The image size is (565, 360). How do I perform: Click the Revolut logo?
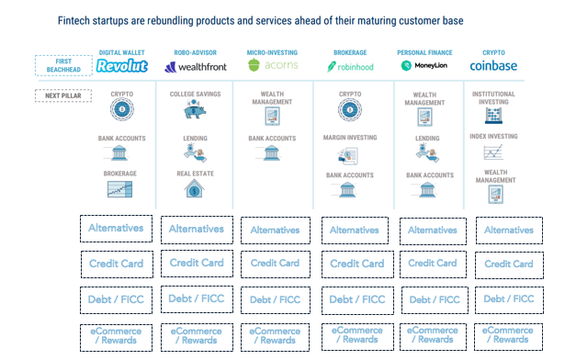pyautogui.click(x=122, y=66)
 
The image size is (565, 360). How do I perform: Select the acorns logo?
pyautogui.click(x=274, y=66)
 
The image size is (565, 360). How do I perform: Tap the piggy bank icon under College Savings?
pyautogui.click(x=194, y=111)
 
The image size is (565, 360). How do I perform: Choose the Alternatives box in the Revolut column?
pyautogui.click(x=116, y=228)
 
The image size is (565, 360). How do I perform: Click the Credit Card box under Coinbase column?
pyautogui.click(x=508, y=263)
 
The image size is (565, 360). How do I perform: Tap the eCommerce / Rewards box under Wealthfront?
pyautogui.click(x=194, y=334)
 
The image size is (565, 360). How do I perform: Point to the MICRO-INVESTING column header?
pyautogui.click(x=274, y=53)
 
